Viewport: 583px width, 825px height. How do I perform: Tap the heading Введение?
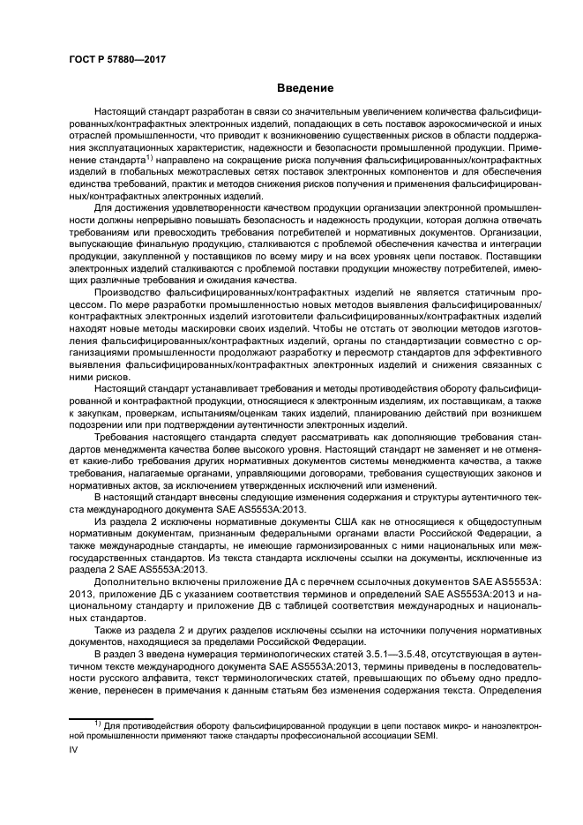click(x=305, y=88)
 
